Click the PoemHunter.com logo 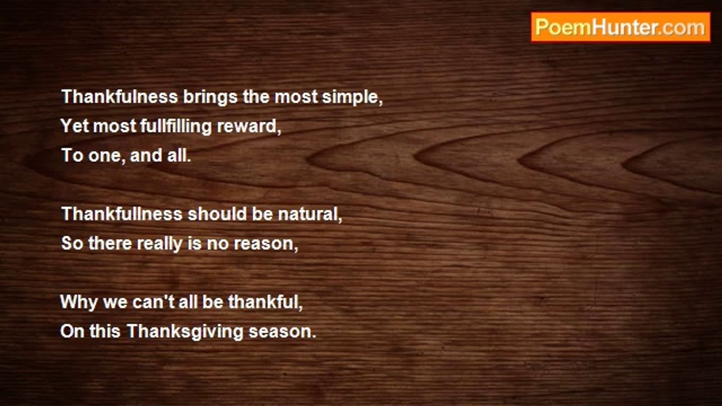(620, 28)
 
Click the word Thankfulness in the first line (120, 96)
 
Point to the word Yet (74, 126)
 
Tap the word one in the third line (104, 156)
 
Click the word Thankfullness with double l (122, 214)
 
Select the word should (217, 214)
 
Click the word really (160, 244)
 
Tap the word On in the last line (72, 331)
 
